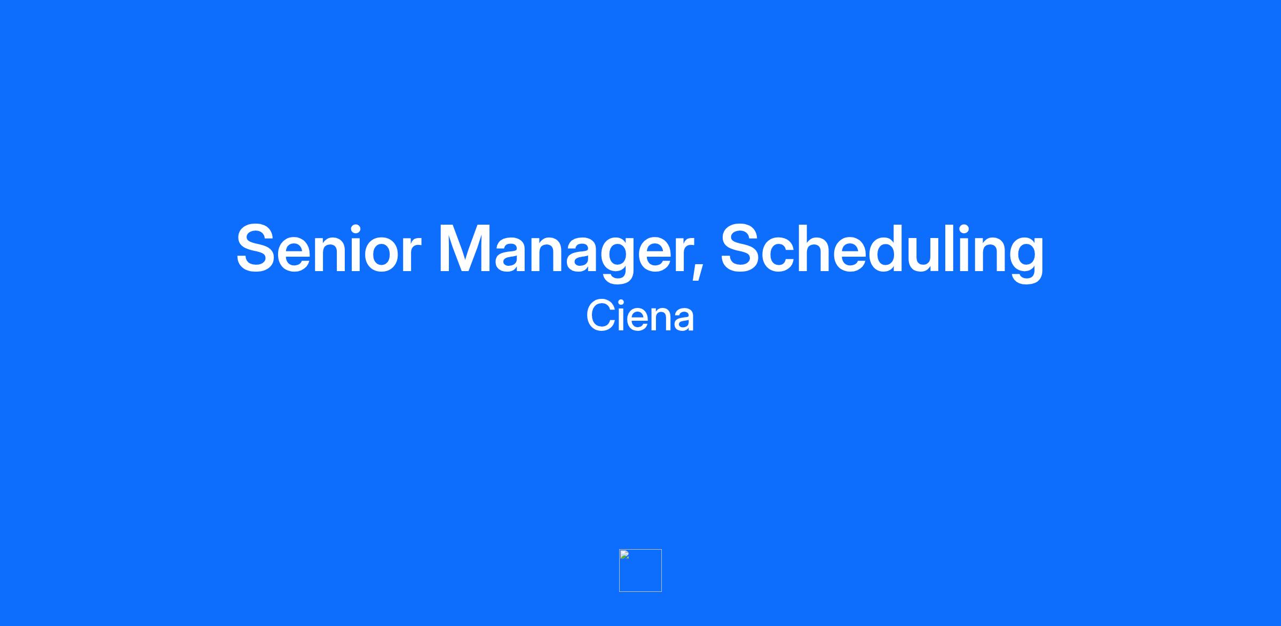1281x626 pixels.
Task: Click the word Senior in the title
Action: tap(329, 249)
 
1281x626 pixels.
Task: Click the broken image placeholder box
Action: tap(640, 570)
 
